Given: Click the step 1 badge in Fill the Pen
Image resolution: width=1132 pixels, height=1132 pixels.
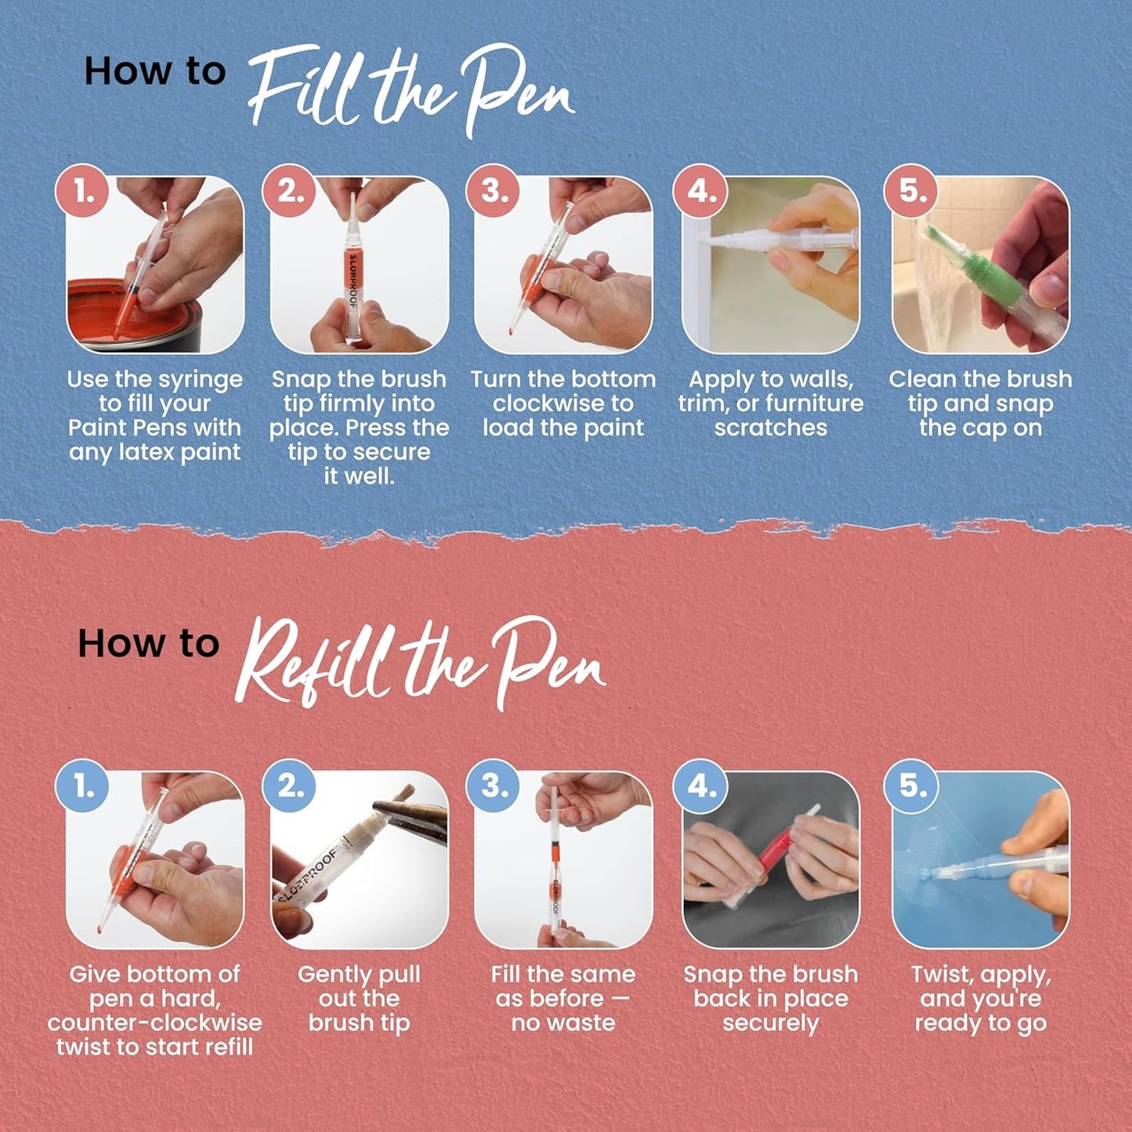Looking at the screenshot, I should [82, 190].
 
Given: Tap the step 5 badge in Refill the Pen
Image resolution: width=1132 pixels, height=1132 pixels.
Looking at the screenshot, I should [911, 786].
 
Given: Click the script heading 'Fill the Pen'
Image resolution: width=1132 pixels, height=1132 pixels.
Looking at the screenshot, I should [411, 90].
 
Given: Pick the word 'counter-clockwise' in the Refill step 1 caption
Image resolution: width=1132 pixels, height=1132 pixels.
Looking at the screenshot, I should [154, 1022].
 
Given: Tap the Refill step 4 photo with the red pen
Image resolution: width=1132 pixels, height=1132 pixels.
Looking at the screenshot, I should [771, 859].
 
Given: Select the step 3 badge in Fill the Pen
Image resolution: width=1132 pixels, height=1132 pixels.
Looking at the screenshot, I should [494, 190].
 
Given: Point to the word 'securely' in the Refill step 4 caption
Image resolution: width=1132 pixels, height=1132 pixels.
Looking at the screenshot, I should [771, 1023].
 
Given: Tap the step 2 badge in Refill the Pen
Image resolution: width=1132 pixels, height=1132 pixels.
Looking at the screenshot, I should [290, 786].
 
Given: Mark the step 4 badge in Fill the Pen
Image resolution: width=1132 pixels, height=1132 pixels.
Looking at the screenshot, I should [701, 190].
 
